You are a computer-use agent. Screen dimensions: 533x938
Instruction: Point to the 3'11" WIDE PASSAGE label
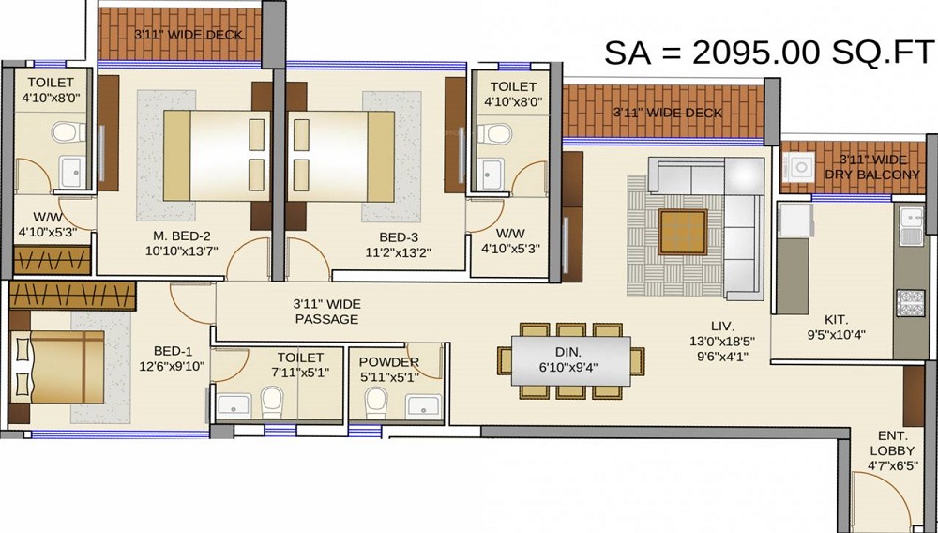(x=325, y=312)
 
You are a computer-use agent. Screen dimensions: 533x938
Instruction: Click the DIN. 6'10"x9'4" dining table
(x=570, y=360)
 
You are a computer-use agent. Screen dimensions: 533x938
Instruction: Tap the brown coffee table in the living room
(x=682, y=232)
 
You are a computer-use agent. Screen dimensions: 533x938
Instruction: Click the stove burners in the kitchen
(x=910, y=302)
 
